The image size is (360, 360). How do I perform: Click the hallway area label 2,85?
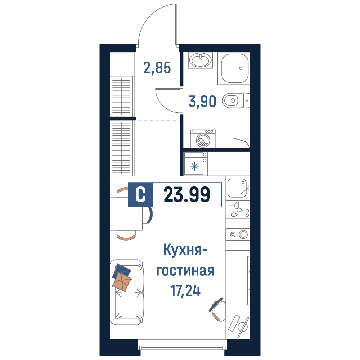point(157,68)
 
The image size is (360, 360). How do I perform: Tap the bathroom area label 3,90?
point(202,102)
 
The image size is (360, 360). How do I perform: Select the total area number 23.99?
point(187,194)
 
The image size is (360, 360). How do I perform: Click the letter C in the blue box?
point(140,195)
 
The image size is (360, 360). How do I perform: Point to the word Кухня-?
point(185,250)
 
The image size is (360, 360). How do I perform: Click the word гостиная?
point(185,271)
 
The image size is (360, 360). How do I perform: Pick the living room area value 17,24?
point(185,291)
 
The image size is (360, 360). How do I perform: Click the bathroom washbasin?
point(201,60)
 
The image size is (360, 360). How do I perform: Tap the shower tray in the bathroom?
point(235,68)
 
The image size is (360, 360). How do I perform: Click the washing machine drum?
point(203,140)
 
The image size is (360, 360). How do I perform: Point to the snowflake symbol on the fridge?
point(195,166)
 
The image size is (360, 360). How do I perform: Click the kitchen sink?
point(237,188)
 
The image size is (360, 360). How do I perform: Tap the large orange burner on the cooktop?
point(243,234)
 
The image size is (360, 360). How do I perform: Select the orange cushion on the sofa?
point(122,282)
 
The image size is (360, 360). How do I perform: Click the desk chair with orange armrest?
point(218,309)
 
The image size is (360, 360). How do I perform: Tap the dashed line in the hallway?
point(158,120)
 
